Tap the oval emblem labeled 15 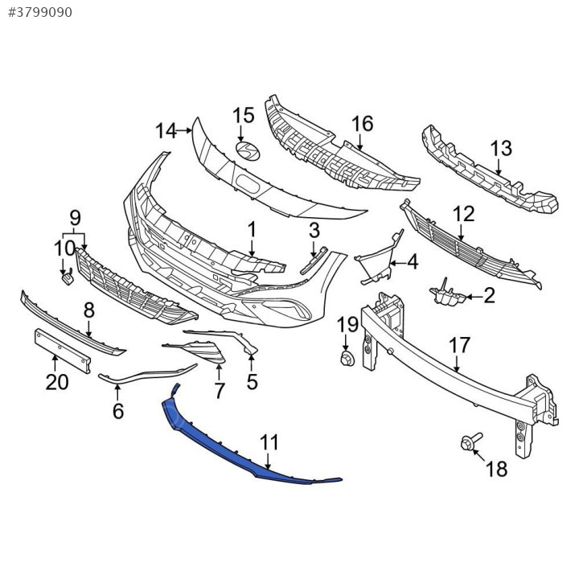[248, 151]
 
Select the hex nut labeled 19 [347, 359]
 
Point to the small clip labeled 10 [68, 278]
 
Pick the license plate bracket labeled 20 [63, 351]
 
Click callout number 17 [459, 346]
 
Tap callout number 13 [501, 149]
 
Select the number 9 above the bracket [75, 218]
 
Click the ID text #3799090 [40, 13]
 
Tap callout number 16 [362, 124]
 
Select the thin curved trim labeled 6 [148, 374]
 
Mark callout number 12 [463, 214]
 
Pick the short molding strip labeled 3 [314, 261]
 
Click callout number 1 [252, 230]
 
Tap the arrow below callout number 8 [88, 329]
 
